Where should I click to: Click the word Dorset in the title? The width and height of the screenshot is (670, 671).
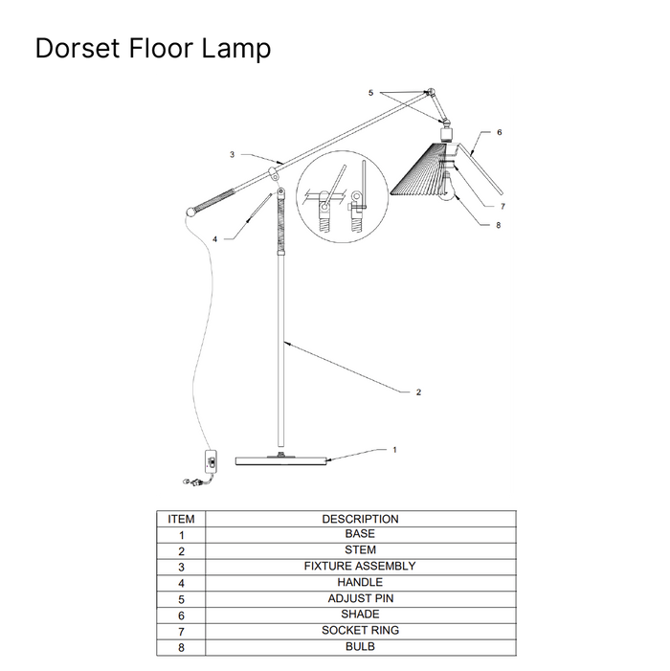77,48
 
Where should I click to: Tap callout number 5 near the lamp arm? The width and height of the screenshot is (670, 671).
370,93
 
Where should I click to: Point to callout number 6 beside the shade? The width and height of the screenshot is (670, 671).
499,132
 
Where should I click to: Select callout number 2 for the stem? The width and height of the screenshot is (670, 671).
418,392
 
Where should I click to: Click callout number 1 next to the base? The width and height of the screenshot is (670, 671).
394,450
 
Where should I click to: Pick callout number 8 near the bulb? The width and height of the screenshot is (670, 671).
498,225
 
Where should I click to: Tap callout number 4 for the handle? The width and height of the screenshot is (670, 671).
214,239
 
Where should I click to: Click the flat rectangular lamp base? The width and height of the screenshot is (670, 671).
281,460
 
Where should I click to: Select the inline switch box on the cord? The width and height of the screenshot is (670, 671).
211,460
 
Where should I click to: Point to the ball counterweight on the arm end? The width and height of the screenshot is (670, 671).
190,212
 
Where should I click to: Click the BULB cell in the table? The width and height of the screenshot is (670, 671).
360,647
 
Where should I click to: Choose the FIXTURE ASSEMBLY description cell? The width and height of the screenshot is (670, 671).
360,566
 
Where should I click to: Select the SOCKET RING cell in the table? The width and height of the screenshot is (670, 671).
360,631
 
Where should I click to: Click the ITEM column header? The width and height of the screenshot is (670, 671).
181,519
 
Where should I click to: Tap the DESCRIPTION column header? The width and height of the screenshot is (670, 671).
360,519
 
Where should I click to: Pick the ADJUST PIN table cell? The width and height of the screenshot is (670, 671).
360,598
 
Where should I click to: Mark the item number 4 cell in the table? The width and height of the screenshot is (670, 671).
181,583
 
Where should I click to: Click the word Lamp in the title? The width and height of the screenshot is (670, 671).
235,48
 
